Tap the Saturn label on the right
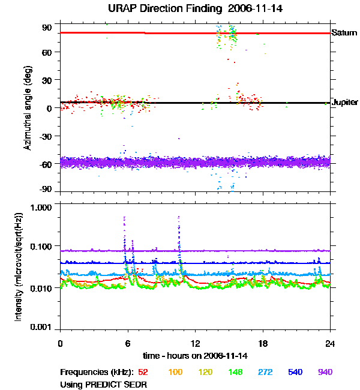(x=344, y=32)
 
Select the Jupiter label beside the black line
(x=345, y=103)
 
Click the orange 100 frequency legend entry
(x=175, y=372)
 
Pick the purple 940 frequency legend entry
(x=325, y=372)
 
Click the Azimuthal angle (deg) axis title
(x=28, y=109)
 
